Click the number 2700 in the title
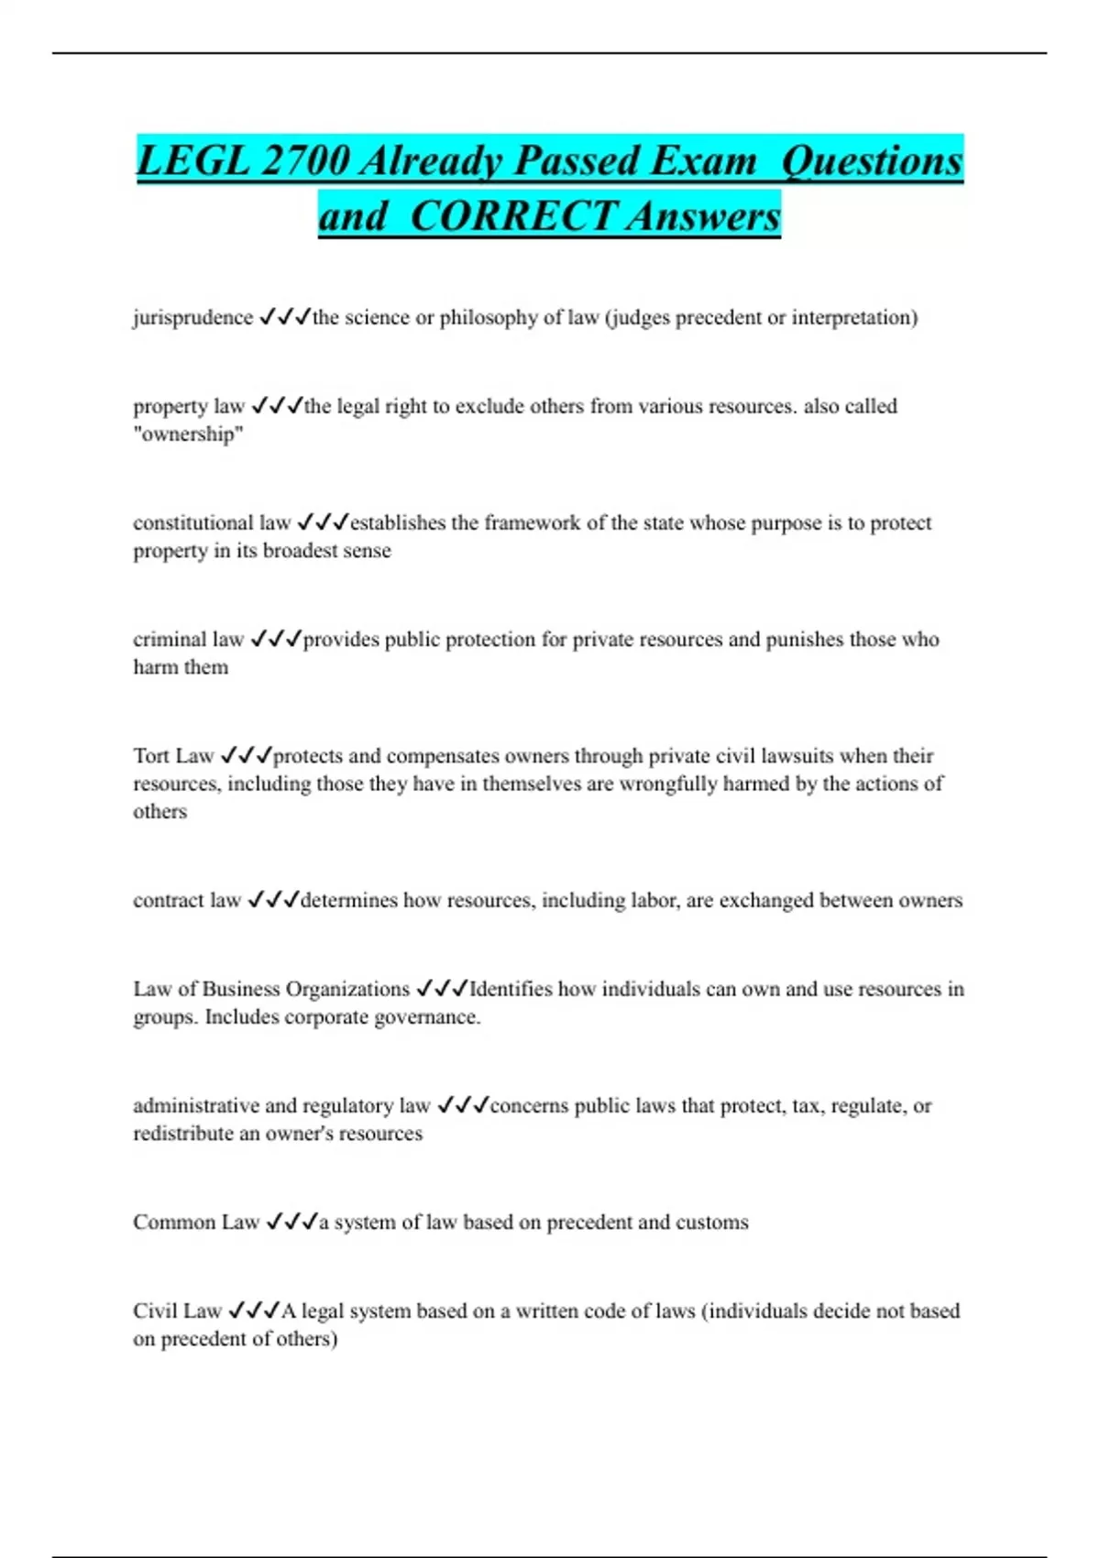point(305,161)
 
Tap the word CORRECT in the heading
point(512,217)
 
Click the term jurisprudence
point(192,318)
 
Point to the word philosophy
point(489,318)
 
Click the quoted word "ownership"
point(188,434)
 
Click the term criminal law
point(188,640)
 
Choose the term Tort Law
point(173,756)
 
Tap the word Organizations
point(347,990)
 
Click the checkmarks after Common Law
point(291,1223)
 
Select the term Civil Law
point(177,1311)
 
